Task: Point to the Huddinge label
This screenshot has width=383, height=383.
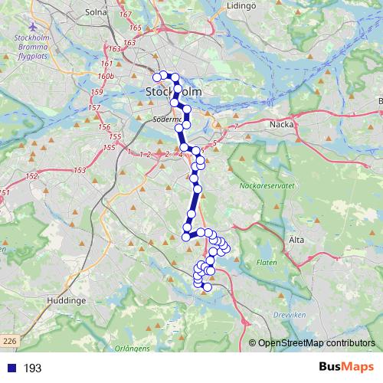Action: (66, 301)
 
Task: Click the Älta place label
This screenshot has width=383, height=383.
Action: (297, 240)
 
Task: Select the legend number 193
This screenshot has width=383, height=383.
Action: (32, 368)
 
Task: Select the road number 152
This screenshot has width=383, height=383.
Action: (31, 177)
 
